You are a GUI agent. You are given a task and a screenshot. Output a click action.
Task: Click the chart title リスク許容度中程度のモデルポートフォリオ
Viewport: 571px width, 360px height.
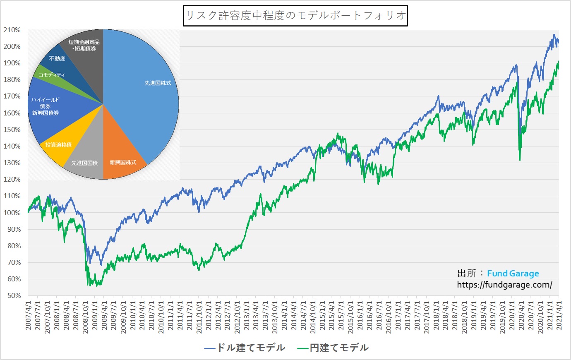coord(295,16)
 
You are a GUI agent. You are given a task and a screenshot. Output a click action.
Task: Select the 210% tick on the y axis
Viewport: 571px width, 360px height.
coord(12,30)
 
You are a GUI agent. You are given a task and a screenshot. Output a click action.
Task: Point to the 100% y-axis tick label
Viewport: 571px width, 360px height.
coord(12,213)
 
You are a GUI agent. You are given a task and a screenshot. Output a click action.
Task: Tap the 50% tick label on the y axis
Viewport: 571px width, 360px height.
coord(13,295)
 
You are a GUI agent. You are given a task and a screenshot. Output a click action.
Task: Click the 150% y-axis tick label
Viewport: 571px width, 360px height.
coord(12,130)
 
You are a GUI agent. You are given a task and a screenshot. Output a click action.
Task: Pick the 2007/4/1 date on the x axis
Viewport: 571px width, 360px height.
coord(28,314)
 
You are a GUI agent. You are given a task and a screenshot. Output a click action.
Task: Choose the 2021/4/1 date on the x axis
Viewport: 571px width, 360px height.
coord(559,314)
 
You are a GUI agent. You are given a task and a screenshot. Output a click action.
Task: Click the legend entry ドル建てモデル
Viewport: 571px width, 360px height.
coord(245,348)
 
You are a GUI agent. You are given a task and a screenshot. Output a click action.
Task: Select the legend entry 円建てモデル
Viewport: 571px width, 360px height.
coord(333,348)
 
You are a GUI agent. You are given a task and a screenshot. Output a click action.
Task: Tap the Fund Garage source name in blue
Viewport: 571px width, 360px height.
coord(513,274)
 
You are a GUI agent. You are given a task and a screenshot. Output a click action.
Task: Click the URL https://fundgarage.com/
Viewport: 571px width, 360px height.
coord(504,285)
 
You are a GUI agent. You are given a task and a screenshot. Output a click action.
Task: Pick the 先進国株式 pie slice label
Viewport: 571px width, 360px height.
coord(158,83)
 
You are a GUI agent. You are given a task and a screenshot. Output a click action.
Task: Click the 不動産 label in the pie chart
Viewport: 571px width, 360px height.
coord(57,59)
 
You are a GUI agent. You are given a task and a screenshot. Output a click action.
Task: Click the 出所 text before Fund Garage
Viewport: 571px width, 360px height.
coord(467,274)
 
